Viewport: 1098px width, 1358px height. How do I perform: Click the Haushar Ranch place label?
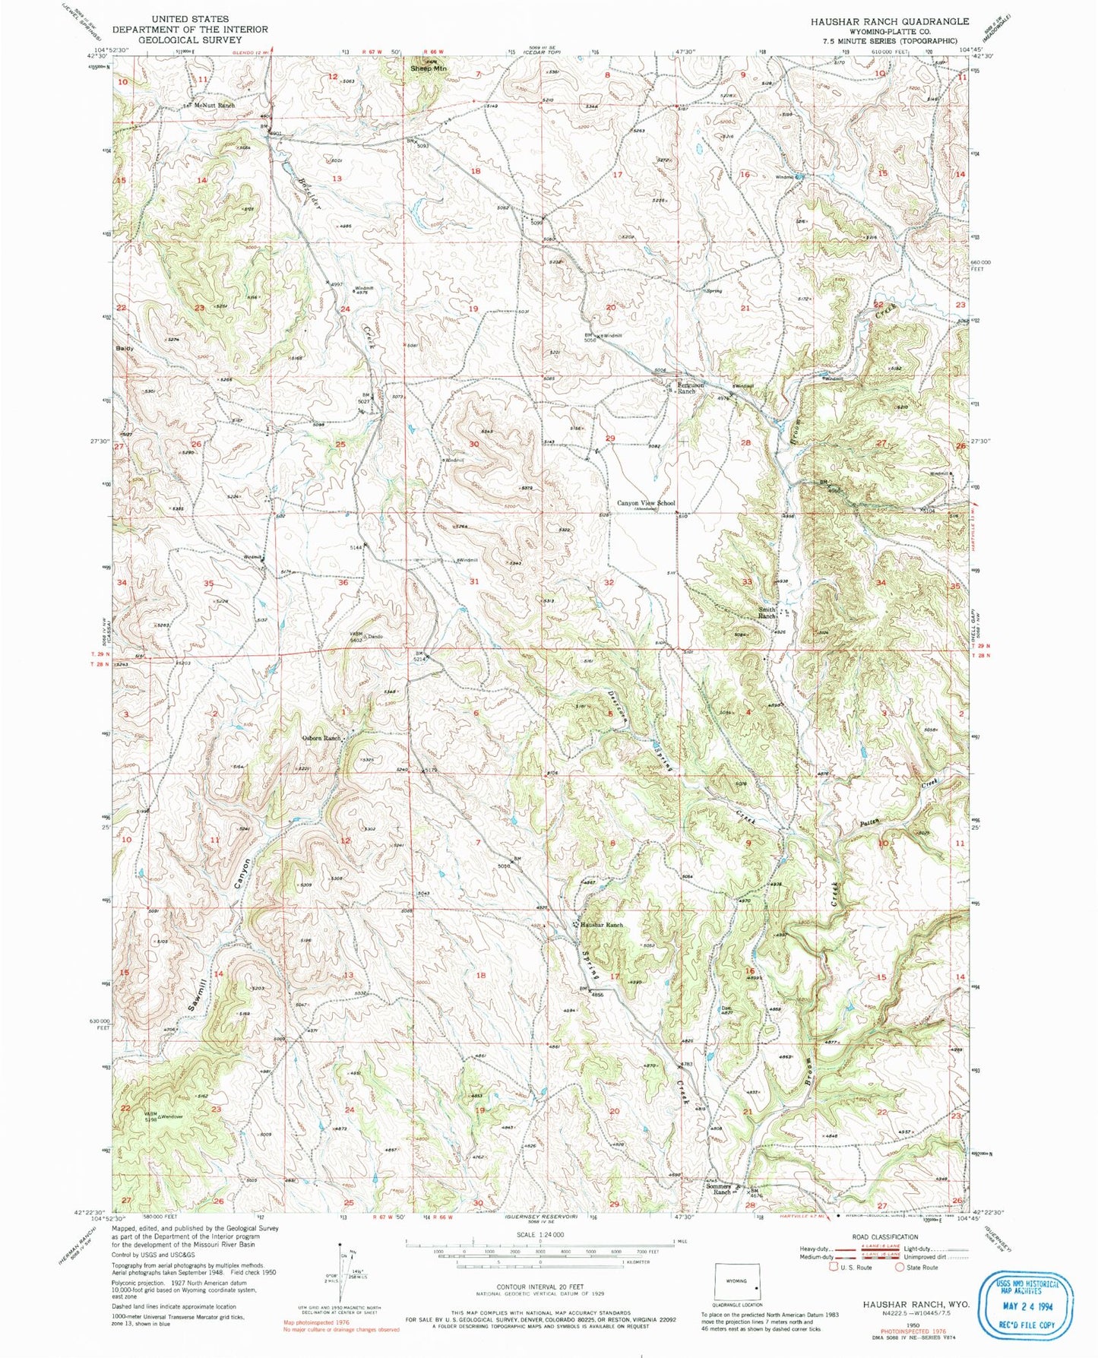(602, 925)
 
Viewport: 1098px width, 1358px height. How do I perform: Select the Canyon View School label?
(645, 503)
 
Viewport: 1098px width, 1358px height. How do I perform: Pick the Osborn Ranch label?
(321, 738)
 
